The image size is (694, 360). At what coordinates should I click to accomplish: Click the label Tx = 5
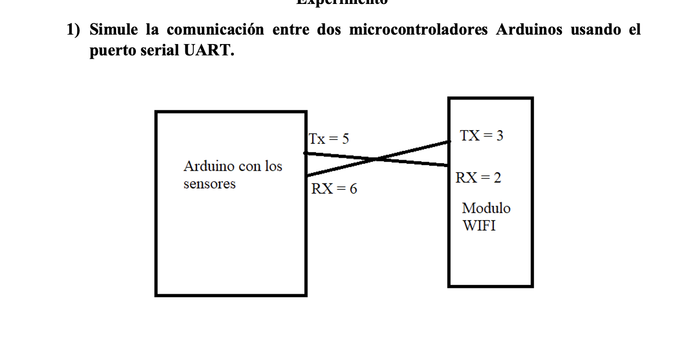click(x=329, y=139)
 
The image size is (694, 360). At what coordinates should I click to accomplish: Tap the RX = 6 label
click(x=334, y=188)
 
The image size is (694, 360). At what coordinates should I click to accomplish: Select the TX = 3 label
click(x=481, y=135)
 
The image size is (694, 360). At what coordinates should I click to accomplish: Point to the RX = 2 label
click(x=478, y=178)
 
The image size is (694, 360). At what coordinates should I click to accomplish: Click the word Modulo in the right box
click(x=486, y=208)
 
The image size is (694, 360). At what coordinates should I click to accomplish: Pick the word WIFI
click(x=479, y=225)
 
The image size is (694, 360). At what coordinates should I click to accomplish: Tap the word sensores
click(x=210, y=184)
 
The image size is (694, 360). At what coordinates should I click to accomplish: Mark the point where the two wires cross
click(x=377, y=159)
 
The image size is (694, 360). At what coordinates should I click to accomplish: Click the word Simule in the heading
click(x=113, y=30)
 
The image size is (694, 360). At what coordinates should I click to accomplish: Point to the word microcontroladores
click(x=418, y=30)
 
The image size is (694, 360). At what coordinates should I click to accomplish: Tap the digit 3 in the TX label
click(x=500, y=135)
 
